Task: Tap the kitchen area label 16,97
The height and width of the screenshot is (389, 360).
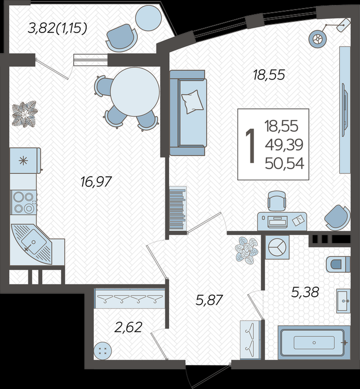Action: tap(96, 182)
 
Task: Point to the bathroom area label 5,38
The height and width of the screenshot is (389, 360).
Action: tap(305, 292)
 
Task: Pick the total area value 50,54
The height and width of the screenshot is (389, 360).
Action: tap(284, 164)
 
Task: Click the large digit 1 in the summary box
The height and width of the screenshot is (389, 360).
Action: tap(251, 146)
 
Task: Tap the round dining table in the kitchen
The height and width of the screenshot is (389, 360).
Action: tap(135, 92)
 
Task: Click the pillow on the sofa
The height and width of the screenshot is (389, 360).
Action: tap(192, 102)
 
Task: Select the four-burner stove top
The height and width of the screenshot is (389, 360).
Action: tap(24, 203)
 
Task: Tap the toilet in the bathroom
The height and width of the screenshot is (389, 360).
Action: tap(338, 264)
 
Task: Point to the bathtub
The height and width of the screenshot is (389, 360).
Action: tap(314, 342)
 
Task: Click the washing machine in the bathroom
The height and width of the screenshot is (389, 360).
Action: tap(277, 247)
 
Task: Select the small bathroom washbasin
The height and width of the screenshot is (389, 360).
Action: tap(344, 301)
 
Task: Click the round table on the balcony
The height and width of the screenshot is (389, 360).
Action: tap(148, 18)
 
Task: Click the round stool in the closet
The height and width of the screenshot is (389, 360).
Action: tap(102, 351)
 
